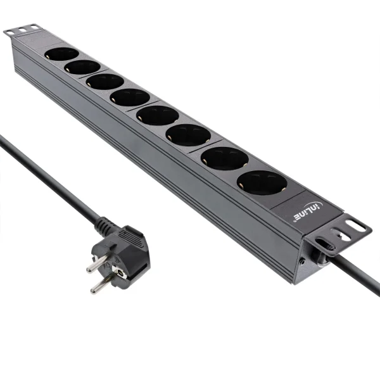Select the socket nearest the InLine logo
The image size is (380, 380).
tap(262, 182)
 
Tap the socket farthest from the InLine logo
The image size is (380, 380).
tap(62, 54)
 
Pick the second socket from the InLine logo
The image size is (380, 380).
tap(224, 158)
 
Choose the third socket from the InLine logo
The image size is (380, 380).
tap(188, 134)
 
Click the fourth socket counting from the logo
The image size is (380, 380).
tap(157, 115)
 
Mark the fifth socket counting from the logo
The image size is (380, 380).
tap(130, 97)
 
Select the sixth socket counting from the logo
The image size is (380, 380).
tap(105, 81)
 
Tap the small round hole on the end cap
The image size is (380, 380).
tap(303, 260)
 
